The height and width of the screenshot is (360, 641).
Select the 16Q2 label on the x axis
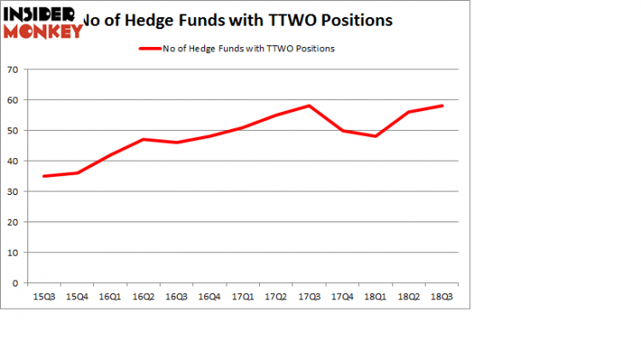click(147, 297)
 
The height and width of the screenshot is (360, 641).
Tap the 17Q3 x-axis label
click(309, 297)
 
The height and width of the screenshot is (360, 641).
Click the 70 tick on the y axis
click(14, 70)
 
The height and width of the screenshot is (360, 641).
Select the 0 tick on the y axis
click(16, 283)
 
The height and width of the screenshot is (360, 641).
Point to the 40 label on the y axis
click(14, 162)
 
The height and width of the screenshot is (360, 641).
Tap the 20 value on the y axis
click(14, 222)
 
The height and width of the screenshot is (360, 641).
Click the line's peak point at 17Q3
click(309, 106)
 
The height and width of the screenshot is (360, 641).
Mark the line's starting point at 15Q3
click(44, 176)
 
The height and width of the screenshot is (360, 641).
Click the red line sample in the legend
click(150, 49)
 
